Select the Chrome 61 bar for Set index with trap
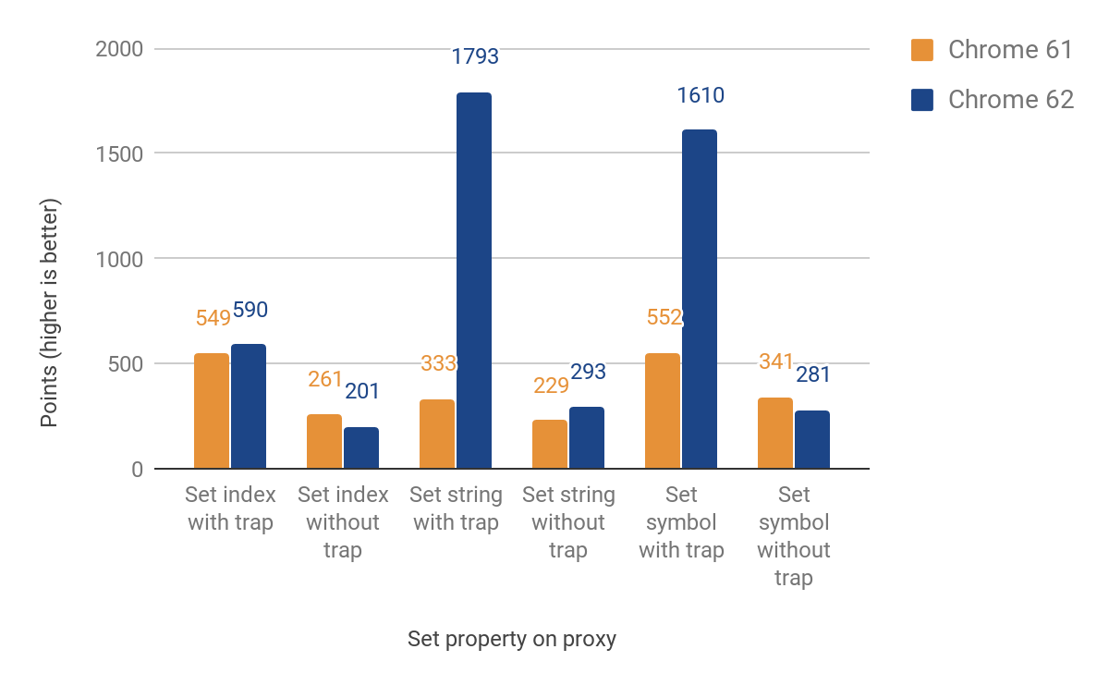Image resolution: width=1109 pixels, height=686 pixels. tap(212, 410)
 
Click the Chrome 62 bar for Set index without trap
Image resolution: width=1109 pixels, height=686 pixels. tap(361, 447)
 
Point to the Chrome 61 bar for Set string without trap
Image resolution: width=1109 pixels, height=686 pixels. tap(550, 444)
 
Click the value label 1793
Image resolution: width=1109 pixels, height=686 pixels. tap(475, 57)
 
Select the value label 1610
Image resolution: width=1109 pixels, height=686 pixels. tap(700, 95)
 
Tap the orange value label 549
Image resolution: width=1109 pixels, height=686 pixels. tap(213, 318)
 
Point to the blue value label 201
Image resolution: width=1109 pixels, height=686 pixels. tap(362, 391)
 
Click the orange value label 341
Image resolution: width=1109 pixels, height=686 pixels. tap(776, 361)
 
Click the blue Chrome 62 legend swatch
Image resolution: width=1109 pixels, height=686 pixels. tap(922, 100)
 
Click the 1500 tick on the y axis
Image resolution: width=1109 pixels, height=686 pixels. tap(120, 153)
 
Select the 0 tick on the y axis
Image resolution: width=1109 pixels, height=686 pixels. tap(137, 469)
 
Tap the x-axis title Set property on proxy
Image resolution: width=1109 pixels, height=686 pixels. tap(512, 639)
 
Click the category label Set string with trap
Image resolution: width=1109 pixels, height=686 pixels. tap(456, 508)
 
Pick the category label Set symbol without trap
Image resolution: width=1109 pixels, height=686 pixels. tap(793, 536)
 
